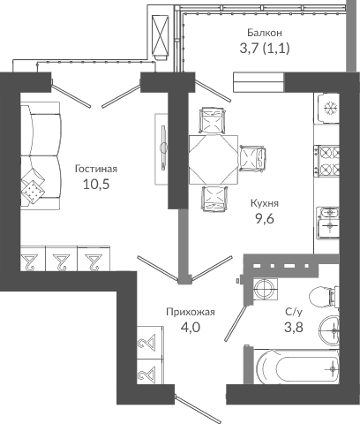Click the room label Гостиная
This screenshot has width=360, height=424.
click(x=96, y=169)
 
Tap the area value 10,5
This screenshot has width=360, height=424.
click(x=96, y=185)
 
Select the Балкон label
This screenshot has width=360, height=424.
click(x=265, y=33)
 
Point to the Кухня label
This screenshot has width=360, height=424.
click(x=265, y=203)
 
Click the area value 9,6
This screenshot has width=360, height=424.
click(x=265, y=219)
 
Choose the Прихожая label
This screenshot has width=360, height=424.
click(x=191, y=312)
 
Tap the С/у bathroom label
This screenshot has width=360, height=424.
click(x=294, y=312)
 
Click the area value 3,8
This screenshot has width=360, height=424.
click(x=294, y=327)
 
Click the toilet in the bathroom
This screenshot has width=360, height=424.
click(x=324, y=297)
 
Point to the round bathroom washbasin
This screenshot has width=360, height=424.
click(x=329, y=330)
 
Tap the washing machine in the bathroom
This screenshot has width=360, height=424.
click(x=265, y=289)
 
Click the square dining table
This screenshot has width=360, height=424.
click(x=214, y=160)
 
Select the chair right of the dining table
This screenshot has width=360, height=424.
click(x=252, y=158)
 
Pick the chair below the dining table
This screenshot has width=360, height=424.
click(x=214, y=199)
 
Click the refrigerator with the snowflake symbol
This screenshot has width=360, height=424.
click(x=327, y=109)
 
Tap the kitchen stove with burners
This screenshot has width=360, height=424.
click(x=326, y=161)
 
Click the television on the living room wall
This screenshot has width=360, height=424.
click(x=162, y=148)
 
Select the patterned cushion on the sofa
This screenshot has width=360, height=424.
click(x=33, y=192)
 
